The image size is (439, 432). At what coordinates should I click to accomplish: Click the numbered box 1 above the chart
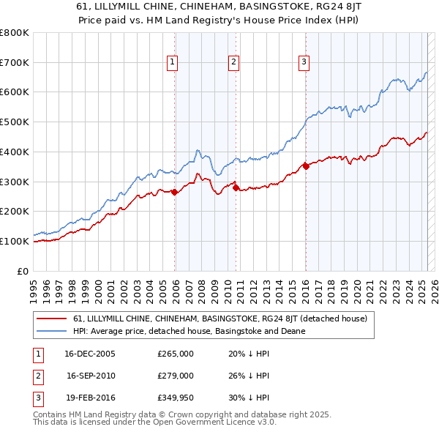[x=173, y=63]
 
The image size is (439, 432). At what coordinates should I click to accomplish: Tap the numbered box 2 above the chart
[x=233, y=63]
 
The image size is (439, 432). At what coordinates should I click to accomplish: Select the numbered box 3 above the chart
[x=303, y=63]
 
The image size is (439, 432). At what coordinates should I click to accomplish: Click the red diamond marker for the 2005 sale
[x=175, y=193]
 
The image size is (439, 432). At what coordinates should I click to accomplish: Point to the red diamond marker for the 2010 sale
[x=236, y=188]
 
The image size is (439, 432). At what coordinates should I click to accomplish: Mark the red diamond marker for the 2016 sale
[x=306, y=167]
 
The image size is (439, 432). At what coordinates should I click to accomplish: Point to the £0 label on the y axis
[x=23, y=271]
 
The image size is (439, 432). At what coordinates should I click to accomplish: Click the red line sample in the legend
[x=51, y=319]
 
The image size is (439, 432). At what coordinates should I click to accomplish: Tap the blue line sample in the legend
[x=51, y=331]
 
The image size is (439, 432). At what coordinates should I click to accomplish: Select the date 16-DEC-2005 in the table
[x=90, y=354]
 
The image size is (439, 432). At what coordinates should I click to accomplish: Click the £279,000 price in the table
[x=176, y=376]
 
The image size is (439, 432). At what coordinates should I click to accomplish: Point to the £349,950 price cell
[x=176, y=398]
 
